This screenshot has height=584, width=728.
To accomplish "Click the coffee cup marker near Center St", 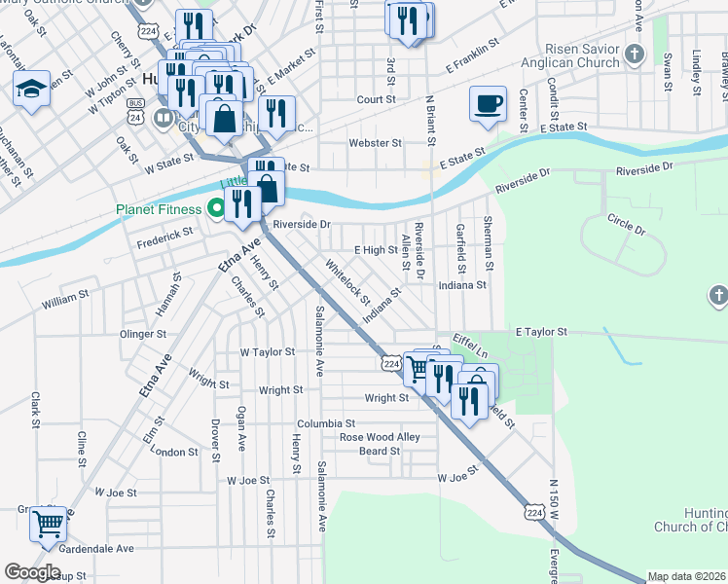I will click(488, 102).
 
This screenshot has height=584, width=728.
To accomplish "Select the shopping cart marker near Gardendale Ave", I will click(48, 525).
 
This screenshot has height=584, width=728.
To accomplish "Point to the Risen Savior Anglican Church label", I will click(583, 55).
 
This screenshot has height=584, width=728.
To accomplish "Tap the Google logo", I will click(32, 572).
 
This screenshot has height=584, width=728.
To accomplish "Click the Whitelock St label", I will click(347, 280).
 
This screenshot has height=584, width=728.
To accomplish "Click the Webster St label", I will click(375, 143).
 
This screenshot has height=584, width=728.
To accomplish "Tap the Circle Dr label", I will click(626, 224).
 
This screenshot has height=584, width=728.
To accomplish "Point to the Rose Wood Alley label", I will click(380, 437).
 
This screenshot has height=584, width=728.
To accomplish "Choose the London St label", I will click(175, 453).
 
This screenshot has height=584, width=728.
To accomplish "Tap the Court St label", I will click(376, 99).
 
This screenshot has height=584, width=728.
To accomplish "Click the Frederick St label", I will click(164, 237).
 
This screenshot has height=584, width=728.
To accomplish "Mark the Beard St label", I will click(380, 451).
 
